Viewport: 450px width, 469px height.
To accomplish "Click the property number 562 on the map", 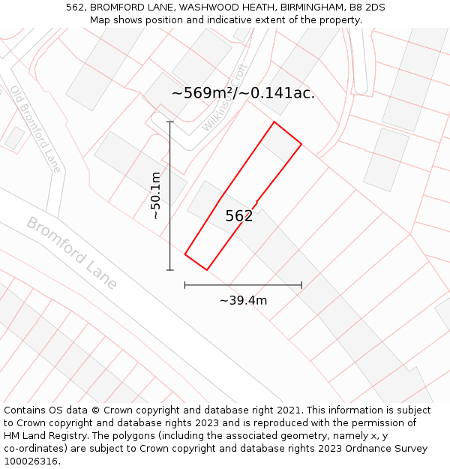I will tap(239, 216).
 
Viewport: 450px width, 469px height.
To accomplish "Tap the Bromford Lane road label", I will tap(72, 253).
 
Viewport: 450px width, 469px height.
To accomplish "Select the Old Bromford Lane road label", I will tap(35, 129).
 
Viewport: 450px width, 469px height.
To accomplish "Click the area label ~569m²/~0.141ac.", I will tap(243, 93).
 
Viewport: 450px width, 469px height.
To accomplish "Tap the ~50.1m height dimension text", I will tap(155, 196).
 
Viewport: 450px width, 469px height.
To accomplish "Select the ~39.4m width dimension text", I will tap(243, 301).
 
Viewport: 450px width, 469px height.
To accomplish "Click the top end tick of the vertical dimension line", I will tap(170, 122).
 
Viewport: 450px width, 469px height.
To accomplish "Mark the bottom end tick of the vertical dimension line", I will tap(170, 269).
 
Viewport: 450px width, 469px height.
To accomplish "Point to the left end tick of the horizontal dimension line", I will tap(185, 285).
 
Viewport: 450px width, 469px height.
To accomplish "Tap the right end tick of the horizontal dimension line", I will tap(301, 285).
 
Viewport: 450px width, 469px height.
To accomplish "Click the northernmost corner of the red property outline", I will tap(274, 122).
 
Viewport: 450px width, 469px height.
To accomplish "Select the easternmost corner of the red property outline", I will tap(301, 144).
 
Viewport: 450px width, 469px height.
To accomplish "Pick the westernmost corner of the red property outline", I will tap(185, 254).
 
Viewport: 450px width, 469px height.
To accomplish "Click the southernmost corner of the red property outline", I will tap(206, 270).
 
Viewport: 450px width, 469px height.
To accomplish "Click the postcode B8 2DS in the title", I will tap(367, 7).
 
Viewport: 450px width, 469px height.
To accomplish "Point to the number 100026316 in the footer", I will tap(31, 461).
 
